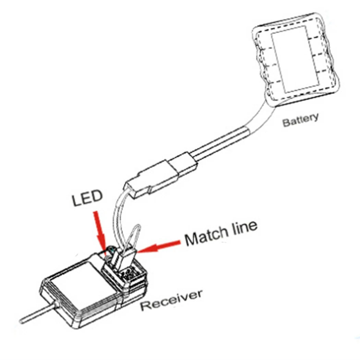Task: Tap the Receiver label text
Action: pyautogui.click(x=171, y=300)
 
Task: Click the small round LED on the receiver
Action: pyautogui.click(x=111, y=249)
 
